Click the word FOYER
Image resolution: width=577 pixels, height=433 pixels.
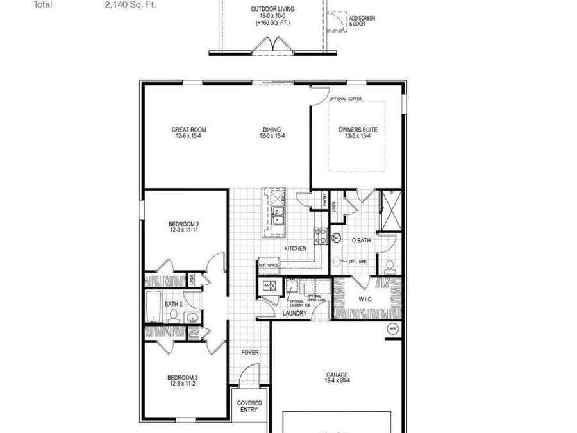point(249,353)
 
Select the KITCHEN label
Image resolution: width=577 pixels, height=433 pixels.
point(295,248)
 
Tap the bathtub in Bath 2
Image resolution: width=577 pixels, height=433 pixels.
point(154,306)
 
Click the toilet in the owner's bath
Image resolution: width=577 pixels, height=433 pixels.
point(390,265)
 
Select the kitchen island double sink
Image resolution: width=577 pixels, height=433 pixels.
point(278,216)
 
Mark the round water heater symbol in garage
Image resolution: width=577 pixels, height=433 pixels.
point(392,329)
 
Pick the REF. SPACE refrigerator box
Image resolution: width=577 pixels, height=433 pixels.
point(268,265)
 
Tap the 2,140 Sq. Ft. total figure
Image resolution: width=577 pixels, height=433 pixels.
point(130,4)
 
